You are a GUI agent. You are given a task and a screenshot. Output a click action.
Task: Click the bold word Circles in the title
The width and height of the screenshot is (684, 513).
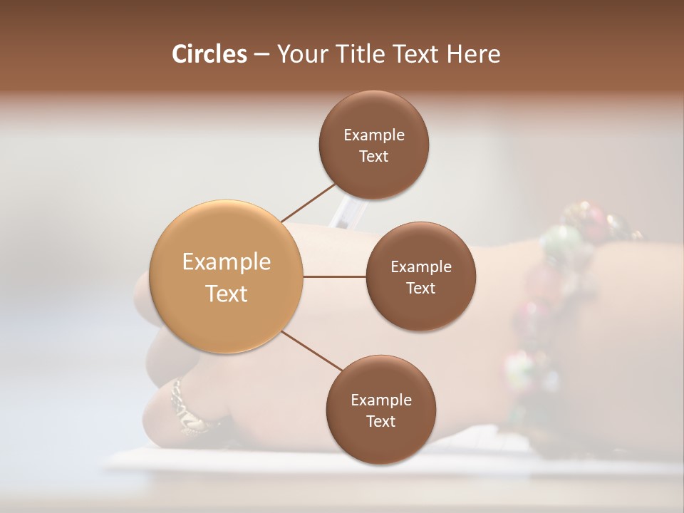tap(209, 54)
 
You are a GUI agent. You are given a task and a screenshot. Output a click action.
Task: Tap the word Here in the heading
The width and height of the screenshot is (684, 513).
tap(473, 54)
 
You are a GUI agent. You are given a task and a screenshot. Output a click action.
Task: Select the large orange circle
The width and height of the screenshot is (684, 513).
tap(227, 276)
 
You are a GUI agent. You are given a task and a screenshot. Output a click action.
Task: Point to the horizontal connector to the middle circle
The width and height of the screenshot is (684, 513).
tap(334, 276)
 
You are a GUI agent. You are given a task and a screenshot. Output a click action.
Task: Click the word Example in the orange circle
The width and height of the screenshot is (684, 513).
tap(227, 261)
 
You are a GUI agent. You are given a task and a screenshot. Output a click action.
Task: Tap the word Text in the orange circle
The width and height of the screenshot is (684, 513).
tap(227, 293)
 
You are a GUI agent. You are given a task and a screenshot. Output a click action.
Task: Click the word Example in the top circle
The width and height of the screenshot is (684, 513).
tap(374, 135)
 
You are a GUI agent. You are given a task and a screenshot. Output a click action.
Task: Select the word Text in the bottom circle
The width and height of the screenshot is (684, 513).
tap(381, 421)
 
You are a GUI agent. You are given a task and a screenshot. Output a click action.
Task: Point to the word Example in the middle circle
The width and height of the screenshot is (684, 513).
tap(421, 266)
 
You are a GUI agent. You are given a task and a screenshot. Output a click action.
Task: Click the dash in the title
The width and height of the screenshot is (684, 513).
tap(261, 54)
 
